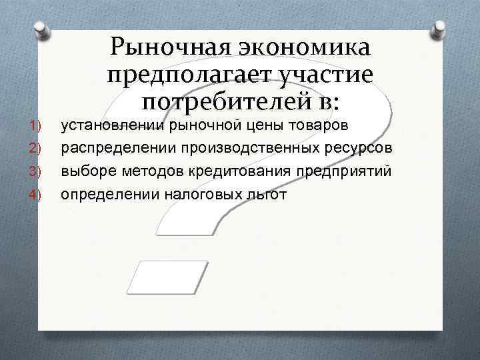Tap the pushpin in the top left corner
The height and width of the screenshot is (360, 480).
point(41,30)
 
